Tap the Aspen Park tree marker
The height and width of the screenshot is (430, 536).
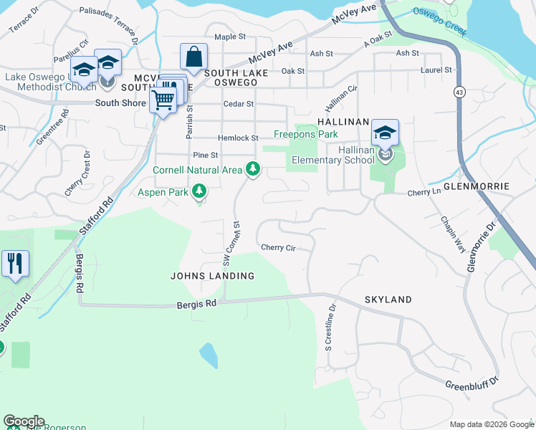coord(200,191)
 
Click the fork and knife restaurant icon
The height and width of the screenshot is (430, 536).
coord(15,263)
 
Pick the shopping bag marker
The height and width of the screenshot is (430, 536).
coord(193,57)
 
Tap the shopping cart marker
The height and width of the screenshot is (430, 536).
coord(163,100)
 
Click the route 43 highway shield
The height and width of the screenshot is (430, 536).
coord(457,92)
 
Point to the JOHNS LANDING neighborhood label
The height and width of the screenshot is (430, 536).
coord(212,276)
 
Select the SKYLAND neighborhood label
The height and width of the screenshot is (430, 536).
coord(388,300)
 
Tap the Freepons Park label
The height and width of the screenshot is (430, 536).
coord(306,135)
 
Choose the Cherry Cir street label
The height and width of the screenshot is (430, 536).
coord(278,248)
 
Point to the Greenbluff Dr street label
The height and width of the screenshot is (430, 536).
coord(472,385)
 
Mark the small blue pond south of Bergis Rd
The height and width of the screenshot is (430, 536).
coord(207,355)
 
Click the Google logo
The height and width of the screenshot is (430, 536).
coord(23,421)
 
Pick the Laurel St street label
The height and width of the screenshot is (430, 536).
coord(436,70)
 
